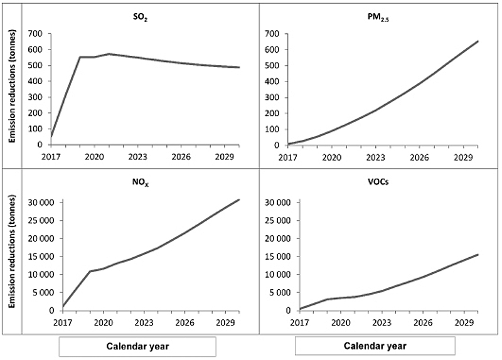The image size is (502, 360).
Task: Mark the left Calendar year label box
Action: click(x=137, y=346)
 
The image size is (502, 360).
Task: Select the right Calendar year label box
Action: click(x=375, y=346)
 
